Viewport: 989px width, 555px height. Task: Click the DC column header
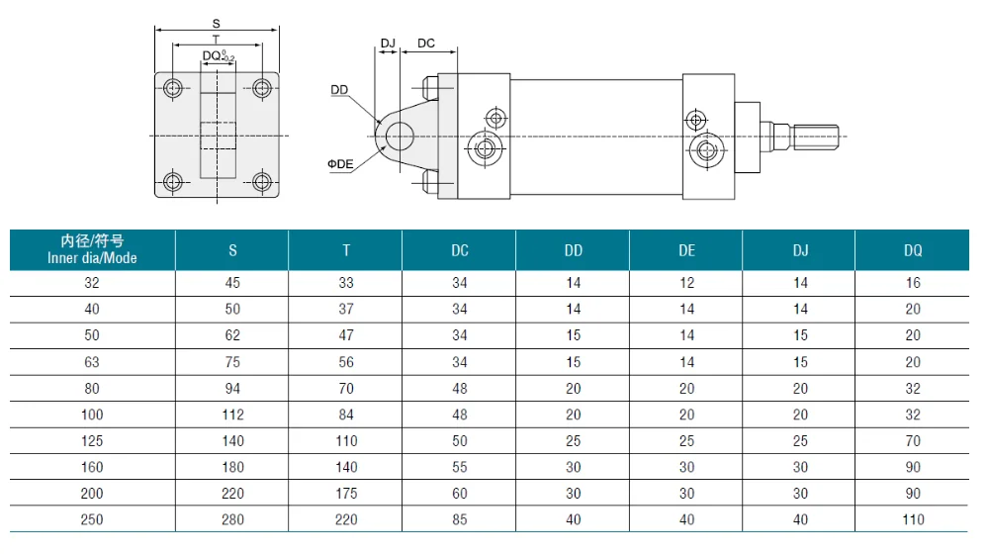(x=460, y=250)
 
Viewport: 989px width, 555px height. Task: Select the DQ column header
(x=913, y=250)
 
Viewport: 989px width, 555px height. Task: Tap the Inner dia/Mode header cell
(x=92, y=249)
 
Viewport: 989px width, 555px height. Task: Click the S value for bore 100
(x=232, y=415)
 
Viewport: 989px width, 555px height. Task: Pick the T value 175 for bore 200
(x=346, y=494)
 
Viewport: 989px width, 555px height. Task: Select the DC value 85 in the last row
(x=460, y=519)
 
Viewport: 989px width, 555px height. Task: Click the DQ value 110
(x=913, y=519)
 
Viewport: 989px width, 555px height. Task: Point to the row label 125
(x=92, y=441)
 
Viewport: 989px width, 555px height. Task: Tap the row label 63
(x=92, y=362)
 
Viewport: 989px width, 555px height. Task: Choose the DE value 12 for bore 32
(x=687, y=283)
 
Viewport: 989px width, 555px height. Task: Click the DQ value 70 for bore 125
(x=913, y=441)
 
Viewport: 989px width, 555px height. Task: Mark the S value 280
(x=232, y=519)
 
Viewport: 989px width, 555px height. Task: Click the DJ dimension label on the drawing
(x=388, y=43)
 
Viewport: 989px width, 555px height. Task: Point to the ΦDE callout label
(x=340, y=164)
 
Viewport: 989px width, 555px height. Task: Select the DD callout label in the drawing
(x=339, y=90)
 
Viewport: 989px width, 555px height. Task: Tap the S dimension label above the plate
(x=217, y=24)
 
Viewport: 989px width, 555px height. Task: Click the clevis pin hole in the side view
(x=400, y=137)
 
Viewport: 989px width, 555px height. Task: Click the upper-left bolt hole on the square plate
(x=173, y=88)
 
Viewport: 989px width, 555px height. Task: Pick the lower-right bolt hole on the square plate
(x=262, y=182)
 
